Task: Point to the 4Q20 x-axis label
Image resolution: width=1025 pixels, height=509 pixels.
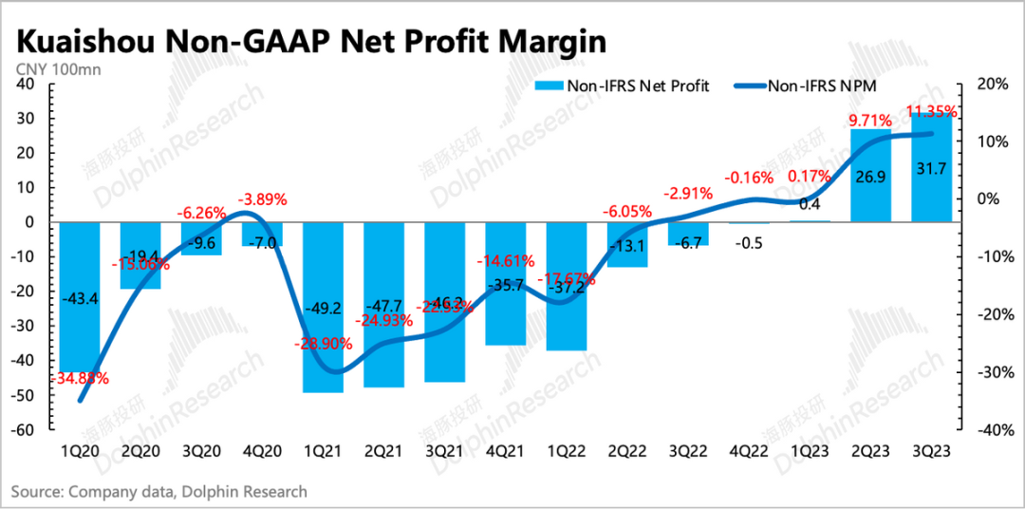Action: [x=262, y=452]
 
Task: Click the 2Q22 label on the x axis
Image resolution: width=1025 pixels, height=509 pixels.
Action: [x=627, y=452]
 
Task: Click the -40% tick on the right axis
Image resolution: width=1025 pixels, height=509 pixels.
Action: [x=986, y=430]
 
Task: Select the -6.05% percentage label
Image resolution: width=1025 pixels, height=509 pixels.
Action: [x=627, y=211]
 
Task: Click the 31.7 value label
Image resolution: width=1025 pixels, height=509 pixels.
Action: [x=931, y=198]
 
